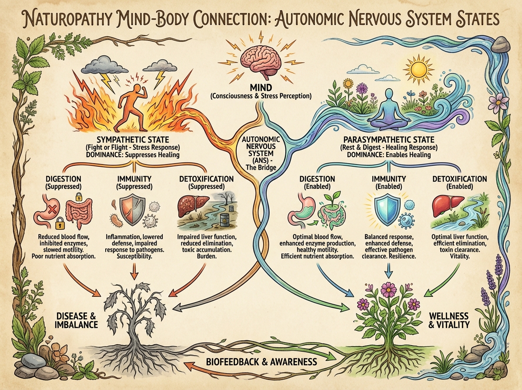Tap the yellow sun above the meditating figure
418,69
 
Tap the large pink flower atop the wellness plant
388,289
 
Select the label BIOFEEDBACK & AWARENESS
262,362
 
